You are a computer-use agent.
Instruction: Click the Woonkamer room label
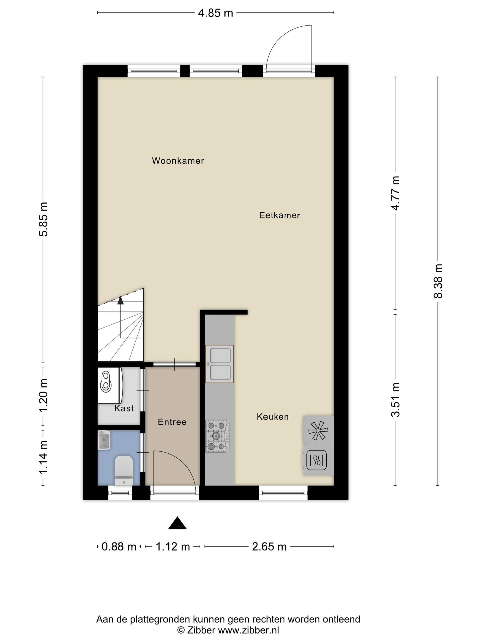coord(178,161)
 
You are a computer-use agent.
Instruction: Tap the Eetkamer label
coord(279,215)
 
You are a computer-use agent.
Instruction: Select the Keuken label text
coord(273,417)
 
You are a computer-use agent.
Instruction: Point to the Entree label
coord(172,422)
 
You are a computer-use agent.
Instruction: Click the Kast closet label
coord(124,408)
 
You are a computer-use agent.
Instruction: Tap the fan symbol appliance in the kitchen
coord(318,430)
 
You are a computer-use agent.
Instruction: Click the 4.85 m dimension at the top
coord(216,13)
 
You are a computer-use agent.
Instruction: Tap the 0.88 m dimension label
coord(119,547)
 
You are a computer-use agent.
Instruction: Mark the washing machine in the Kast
coord(109,385)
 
